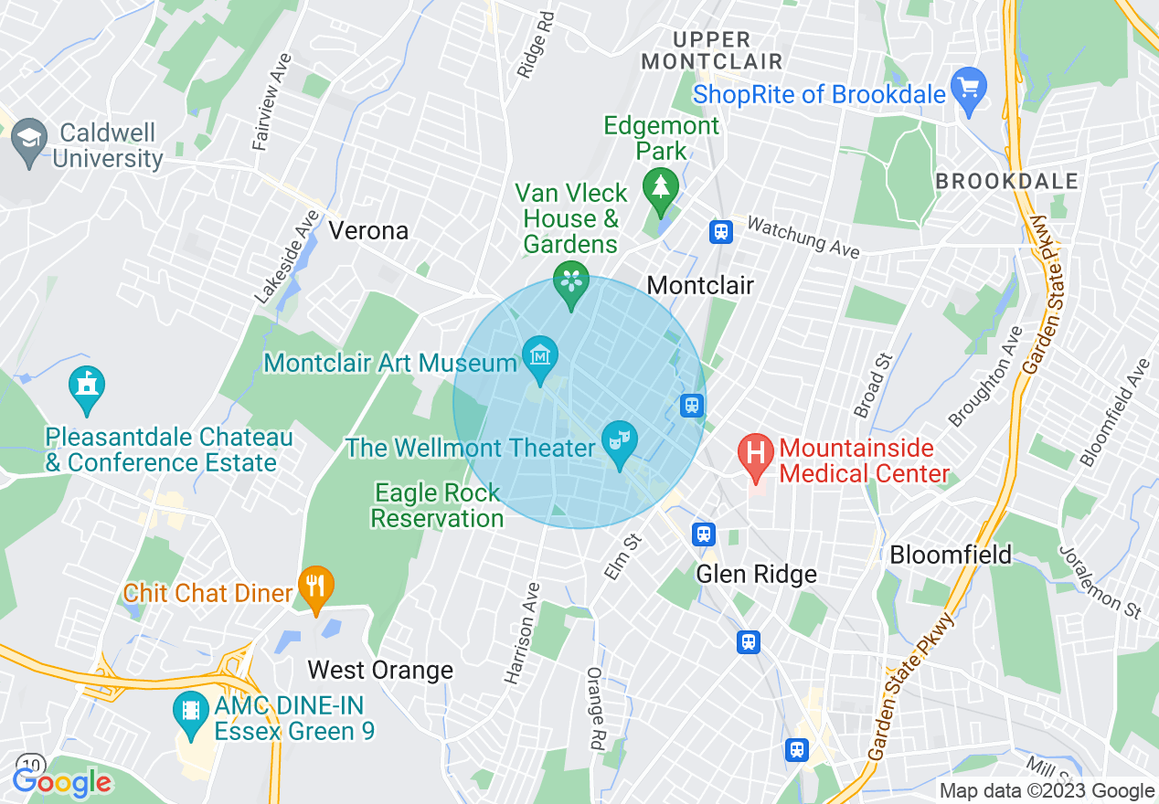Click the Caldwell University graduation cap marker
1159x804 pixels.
[x=29, y=141]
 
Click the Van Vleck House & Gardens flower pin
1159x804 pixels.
[x=572, y=280]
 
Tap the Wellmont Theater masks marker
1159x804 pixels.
[x=620, y=441]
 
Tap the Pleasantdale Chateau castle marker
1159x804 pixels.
[x=87, y=387]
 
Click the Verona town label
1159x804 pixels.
[x=368, y=230]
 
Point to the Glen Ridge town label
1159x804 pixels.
[x=756, y=574]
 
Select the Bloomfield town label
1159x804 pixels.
[x=951, y=555]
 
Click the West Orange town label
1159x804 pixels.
[x=380, y=670]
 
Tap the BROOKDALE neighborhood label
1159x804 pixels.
[x=1006, y=181]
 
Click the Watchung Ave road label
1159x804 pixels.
[x=803, y=238]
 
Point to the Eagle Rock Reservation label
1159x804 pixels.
[x=437, y=505]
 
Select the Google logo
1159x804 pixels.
[x=62, y=782]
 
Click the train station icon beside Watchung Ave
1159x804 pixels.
[x=721, y=231]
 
